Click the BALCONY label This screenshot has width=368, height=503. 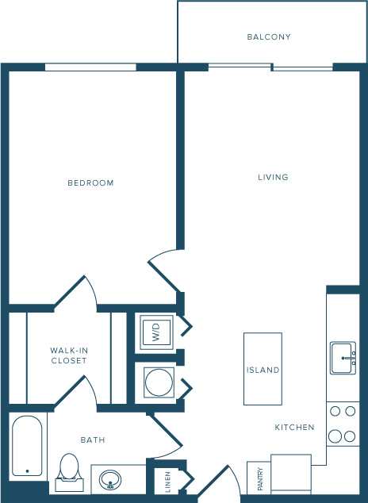[x=269, y=37]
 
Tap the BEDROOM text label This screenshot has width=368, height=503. [x=90, y=183]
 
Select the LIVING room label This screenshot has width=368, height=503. [x=273, y=177]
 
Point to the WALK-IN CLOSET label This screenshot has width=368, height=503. [x=68, y=355]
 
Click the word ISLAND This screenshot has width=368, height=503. [x=263, y=371]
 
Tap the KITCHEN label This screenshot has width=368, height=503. [x=295, y=428]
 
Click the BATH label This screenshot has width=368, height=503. [x=93, y=440]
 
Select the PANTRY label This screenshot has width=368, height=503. [x=259, y=478]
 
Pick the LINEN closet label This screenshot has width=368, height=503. [x=167, y=480]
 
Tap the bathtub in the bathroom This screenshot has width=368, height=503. [x=27, y=445]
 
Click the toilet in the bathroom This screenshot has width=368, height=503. [x=69, y=467]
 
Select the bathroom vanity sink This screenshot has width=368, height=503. [x=110, y=478]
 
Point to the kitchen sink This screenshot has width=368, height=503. [x=343, y=358]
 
